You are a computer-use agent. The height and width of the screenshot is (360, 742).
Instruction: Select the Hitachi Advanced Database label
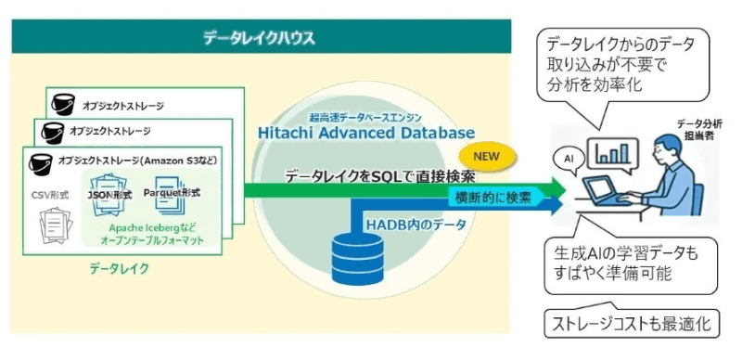tap(366, 134)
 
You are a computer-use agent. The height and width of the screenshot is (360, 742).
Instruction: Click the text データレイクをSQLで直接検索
tap(381, 175)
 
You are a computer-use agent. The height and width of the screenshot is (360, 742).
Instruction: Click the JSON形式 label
tap(107, 194)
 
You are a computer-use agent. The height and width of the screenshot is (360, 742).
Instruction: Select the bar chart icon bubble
tap(611, 152)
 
